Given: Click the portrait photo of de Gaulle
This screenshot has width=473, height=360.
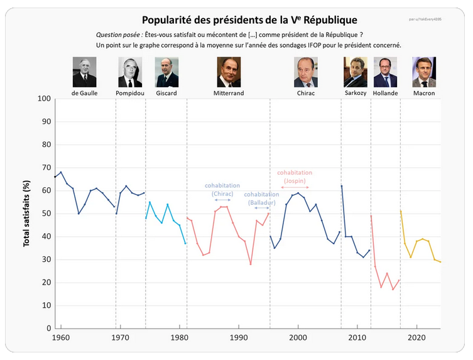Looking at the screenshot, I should coord(84,72).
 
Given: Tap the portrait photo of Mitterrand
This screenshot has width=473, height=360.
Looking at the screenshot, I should coord(229,72).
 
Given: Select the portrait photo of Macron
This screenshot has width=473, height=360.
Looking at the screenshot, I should coord(424,72).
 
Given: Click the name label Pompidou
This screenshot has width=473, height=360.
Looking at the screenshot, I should coord(130,93).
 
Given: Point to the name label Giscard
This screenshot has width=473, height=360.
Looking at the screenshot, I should coord(166,93).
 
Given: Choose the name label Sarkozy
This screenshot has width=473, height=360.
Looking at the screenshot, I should coord(355,93).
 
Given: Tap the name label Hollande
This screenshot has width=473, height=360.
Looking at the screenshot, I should coord(385,93).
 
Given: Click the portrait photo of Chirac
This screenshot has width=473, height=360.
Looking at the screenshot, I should coord(306,72).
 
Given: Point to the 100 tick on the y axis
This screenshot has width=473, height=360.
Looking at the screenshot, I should coord(44,99).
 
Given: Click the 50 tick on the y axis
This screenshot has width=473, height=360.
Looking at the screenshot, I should coord(46,214).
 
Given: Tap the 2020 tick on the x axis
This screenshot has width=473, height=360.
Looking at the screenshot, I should coord(416,337).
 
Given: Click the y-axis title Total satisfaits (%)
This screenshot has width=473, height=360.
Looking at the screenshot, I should coord(27,213).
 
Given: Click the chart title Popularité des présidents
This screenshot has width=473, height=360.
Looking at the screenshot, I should coord(249,20).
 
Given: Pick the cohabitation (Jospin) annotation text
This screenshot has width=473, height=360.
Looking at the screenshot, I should coord(295,177).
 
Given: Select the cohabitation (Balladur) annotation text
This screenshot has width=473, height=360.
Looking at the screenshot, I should coord(261,198).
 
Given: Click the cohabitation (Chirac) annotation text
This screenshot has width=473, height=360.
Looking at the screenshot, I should coord(222,190).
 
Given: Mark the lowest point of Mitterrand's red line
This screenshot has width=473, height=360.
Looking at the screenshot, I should coord(251,264).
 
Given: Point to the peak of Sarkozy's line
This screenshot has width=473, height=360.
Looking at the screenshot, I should coord(342,185).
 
